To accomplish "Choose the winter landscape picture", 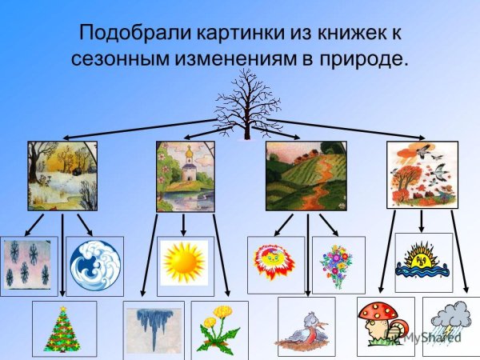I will (62, 176).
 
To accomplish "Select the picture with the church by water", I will (186, 176).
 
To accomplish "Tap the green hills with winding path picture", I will (306, 176).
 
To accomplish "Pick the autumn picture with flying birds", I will (422, 176).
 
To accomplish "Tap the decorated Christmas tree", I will (64, 328).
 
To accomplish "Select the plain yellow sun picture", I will (186, 262).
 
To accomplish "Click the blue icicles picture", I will (154, 330).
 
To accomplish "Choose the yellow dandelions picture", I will (219, 330).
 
